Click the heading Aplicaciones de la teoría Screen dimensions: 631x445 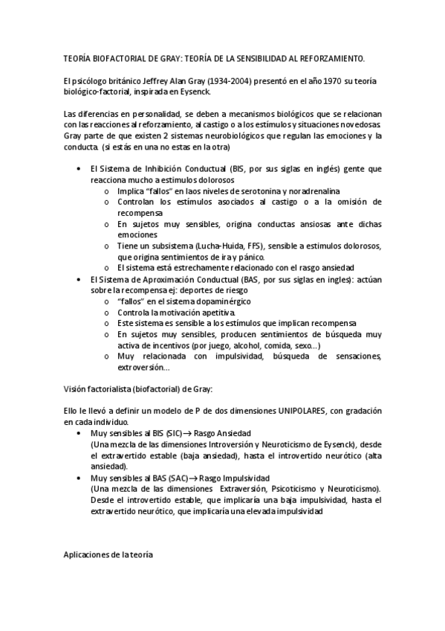point(108,554)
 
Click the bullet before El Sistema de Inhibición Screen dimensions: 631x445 point(79,169)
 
